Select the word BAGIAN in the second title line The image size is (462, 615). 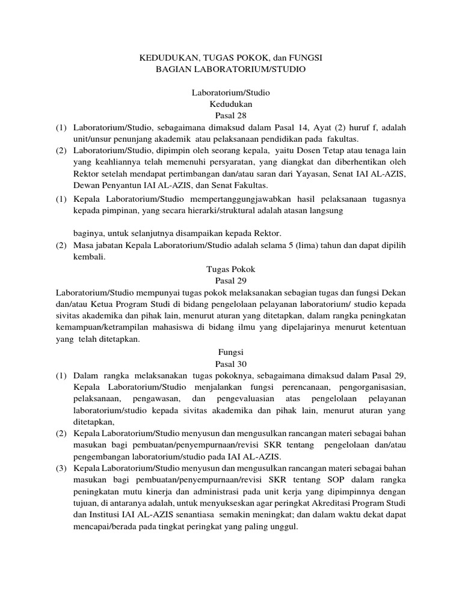coord(171,70)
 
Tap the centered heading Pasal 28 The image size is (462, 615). coord(231,115)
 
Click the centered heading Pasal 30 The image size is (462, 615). coord(231,364)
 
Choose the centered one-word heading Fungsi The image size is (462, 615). coord(231,352)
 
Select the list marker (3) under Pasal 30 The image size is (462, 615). coord(60,468)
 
